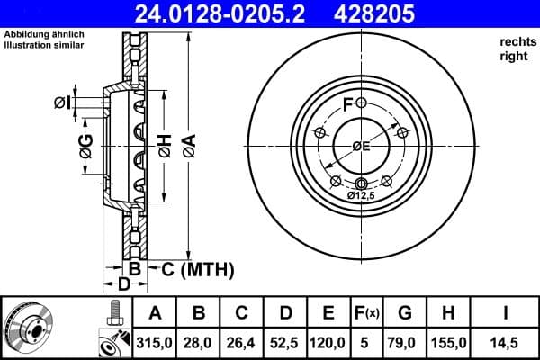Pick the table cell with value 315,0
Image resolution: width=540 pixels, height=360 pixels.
[x=156, y=343]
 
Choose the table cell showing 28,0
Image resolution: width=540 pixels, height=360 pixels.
[x=199, y=343]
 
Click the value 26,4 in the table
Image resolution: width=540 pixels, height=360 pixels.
[x=242, y=343]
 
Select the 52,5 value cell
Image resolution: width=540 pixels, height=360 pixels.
[x=285, y=343]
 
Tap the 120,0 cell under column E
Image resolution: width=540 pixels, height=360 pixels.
[x=328, y=343]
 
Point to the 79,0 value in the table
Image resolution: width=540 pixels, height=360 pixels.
[x=405, y=343]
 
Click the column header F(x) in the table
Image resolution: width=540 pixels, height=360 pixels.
[x=367, y=314]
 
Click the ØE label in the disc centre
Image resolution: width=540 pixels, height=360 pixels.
[x=362, y=147]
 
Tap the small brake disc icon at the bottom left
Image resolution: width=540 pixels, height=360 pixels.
[x=29, y=328]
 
